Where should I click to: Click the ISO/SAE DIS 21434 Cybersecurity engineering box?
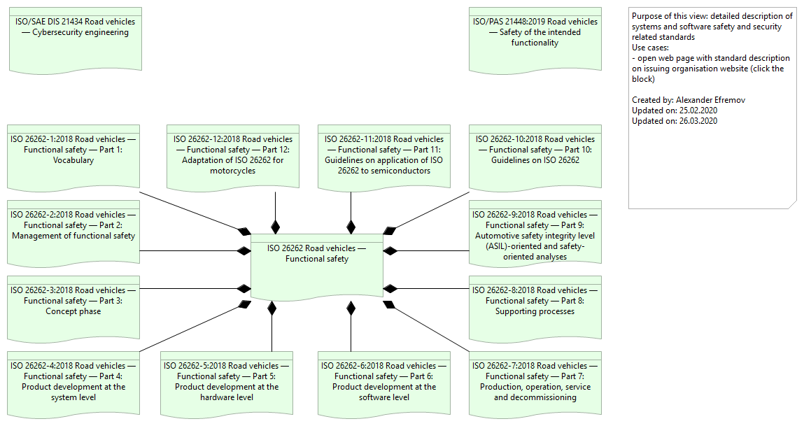coord(75,38)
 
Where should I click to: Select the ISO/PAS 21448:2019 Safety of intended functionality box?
coord(535,38)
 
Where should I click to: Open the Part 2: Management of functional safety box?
coord(73,232)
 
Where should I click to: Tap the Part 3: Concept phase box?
coord(73,307)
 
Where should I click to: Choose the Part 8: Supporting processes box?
coord(535,307)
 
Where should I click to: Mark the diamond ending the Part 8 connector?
coord(390,288)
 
